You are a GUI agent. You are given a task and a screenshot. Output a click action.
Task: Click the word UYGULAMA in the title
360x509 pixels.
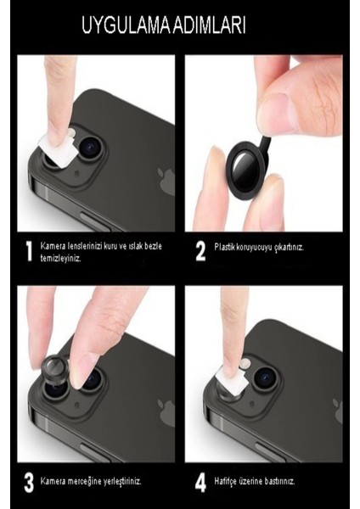coord(127,27)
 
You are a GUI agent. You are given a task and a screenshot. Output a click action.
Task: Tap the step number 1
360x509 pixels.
coord(28,250)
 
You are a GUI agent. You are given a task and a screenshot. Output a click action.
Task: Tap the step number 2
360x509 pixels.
coord(201,250)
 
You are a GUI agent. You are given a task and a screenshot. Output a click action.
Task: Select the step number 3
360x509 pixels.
coord(28,483)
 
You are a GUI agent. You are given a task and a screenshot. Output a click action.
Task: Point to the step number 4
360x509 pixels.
coord(201,483)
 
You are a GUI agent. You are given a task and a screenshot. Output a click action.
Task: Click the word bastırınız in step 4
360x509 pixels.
coord(277,480)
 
